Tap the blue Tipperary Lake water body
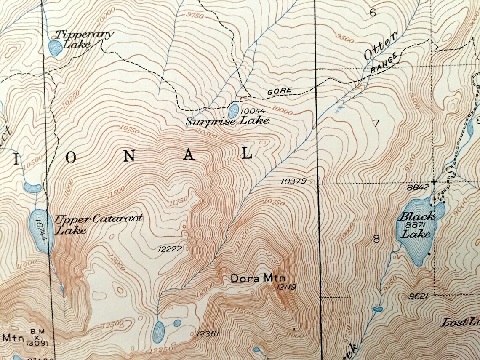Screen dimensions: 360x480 point(55,48)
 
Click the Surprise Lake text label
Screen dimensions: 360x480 point(228,121)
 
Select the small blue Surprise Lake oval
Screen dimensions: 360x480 point(232,112)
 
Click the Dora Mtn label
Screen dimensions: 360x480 point(258,278)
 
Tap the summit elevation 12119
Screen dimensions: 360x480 point(286,288)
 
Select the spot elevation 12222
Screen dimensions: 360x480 point(170,249)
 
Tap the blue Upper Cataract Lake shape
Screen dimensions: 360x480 point(41,232)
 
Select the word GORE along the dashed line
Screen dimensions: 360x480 point(279,91)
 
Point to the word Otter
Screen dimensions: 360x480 point(380,48)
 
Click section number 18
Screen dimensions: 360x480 point(374,240)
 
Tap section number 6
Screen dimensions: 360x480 point(373,13)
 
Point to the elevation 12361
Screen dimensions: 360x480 point(208,334)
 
